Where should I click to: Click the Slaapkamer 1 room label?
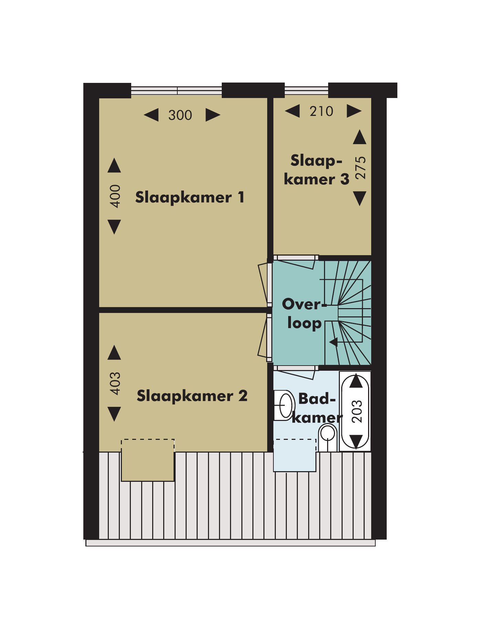point(190,197)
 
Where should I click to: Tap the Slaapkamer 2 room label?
point(192,396)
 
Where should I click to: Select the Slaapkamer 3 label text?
point(316,170)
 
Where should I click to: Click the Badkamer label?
point(317,408)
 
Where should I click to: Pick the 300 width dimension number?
point(180,115)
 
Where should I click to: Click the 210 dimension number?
point(321,111)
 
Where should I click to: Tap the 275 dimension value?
point(361,168)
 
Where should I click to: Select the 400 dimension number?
point(115,196)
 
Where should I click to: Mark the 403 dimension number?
point(115,383)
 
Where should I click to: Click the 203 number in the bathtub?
point(357,411)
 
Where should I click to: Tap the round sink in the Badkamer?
point(284,405)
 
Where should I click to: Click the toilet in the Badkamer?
point(328,437)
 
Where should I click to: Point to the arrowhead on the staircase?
point(333,342)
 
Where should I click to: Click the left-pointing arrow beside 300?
point(151,115)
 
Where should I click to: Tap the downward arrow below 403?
point(114,414)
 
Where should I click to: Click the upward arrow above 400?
point(114,165)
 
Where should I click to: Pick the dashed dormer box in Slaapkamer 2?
point(148,460)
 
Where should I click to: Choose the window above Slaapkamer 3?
point(306,91)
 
